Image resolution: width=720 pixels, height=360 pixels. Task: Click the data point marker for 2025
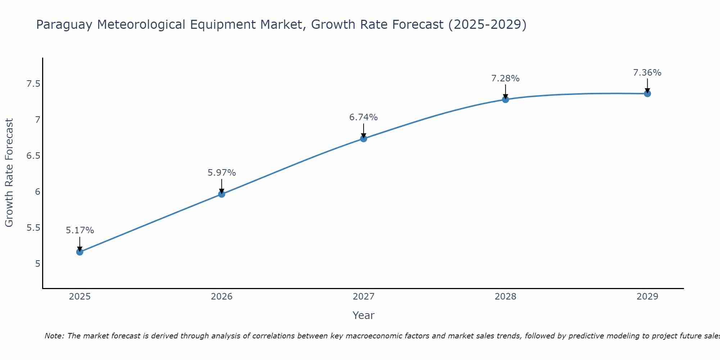pyautogui.click(x=80, y=252)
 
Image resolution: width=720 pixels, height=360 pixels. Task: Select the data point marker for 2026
pyautogui.click(x=222, y=194)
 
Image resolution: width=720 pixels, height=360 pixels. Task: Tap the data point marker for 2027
pyautogui.click(x=364, y=139)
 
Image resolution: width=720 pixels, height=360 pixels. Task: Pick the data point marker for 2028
pyautogui.click(x=505, y=99)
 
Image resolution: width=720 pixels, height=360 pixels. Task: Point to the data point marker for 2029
pyautogui.click(x=647, y=94)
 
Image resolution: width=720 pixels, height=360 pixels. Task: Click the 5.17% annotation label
pyautogui.click(x=80, y=230)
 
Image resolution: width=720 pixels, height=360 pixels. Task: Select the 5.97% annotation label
pyautogui.click(x=222, y=173)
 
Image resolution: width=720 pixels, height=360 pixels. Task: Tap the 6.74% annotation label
pyautogui.click(x=364, y=117)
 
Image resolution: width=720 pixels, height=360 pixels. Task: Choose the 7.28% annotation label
pyautogui.click(x=505, y=78)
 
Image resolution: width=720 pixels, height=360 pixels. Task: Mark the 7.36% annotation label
pyautogui.click(x=647, y=73)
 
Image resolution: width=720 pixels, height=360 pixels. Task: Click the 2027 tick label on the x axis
pyautogui.click(x=364, y=297)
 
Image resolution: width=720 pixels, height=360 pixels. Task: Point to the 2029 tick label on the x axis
pyautogui.click(x=647, y=297)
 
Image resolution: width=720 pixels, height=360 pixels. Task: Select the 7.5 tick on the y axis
pyautogui.click(x=33, y=84)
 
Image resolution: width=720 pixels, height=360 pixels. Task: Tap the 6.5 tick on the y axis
pyautogui.click(x=33, y=156)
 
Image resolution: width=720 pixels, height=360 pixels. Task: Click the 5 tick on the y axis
pyautogui.click(x=37, y=264)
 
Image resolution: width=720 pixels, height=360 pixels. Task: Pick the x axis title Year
pyautogui.click(x=364, y=315)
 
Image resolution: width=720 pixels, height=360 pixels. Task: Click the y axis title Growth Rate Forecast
pyautogui.click(x=9, y=173)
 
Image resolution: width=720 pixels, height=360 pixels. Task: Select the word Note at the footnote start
pyautogui.click(x=54, y=336)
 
